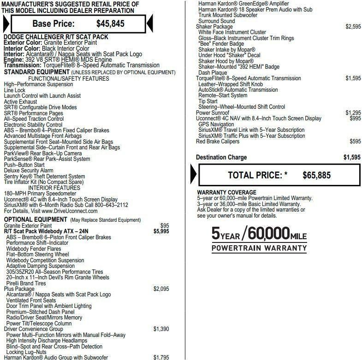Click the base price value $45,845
pyautogui.click(x=110, y=24)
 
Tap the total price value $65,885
pyautogui.click(x=317, y=175)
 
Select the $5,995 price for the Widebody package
pyautogui.click(x=161, y=231)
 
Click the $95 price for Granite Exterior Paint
pyautogui.click(x=164, y=225)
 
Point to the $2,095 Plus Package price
pyautogui.click(x=161, y=289)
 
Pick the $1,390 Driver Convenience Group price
pyautogui.click(x=161, y=329)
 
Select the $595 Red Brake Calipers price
pyautogui.click(x=355, y=142)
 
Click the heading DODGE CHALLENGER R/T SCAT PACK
pyautogui.click(x=55, y=36)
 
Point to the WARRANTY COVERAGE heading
pyautogui.click(x=226, y=192)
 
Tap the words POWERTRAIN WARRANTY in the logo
pyautogui.click(x=259, y=248)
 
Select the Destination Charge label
pyautogui.click(x=221, y=157)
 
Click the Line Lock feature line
pyautogui.click(x=15, y=90)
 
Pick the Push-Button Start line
pyautogui.click(x=24, y=165)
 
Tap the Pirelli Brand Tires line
pyautogui.click(x=26, y=283)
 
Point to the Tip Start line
pyautogui.click(x=208, y=101)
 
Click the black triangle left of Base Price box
pyautogui.click(x=6, y=24)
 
